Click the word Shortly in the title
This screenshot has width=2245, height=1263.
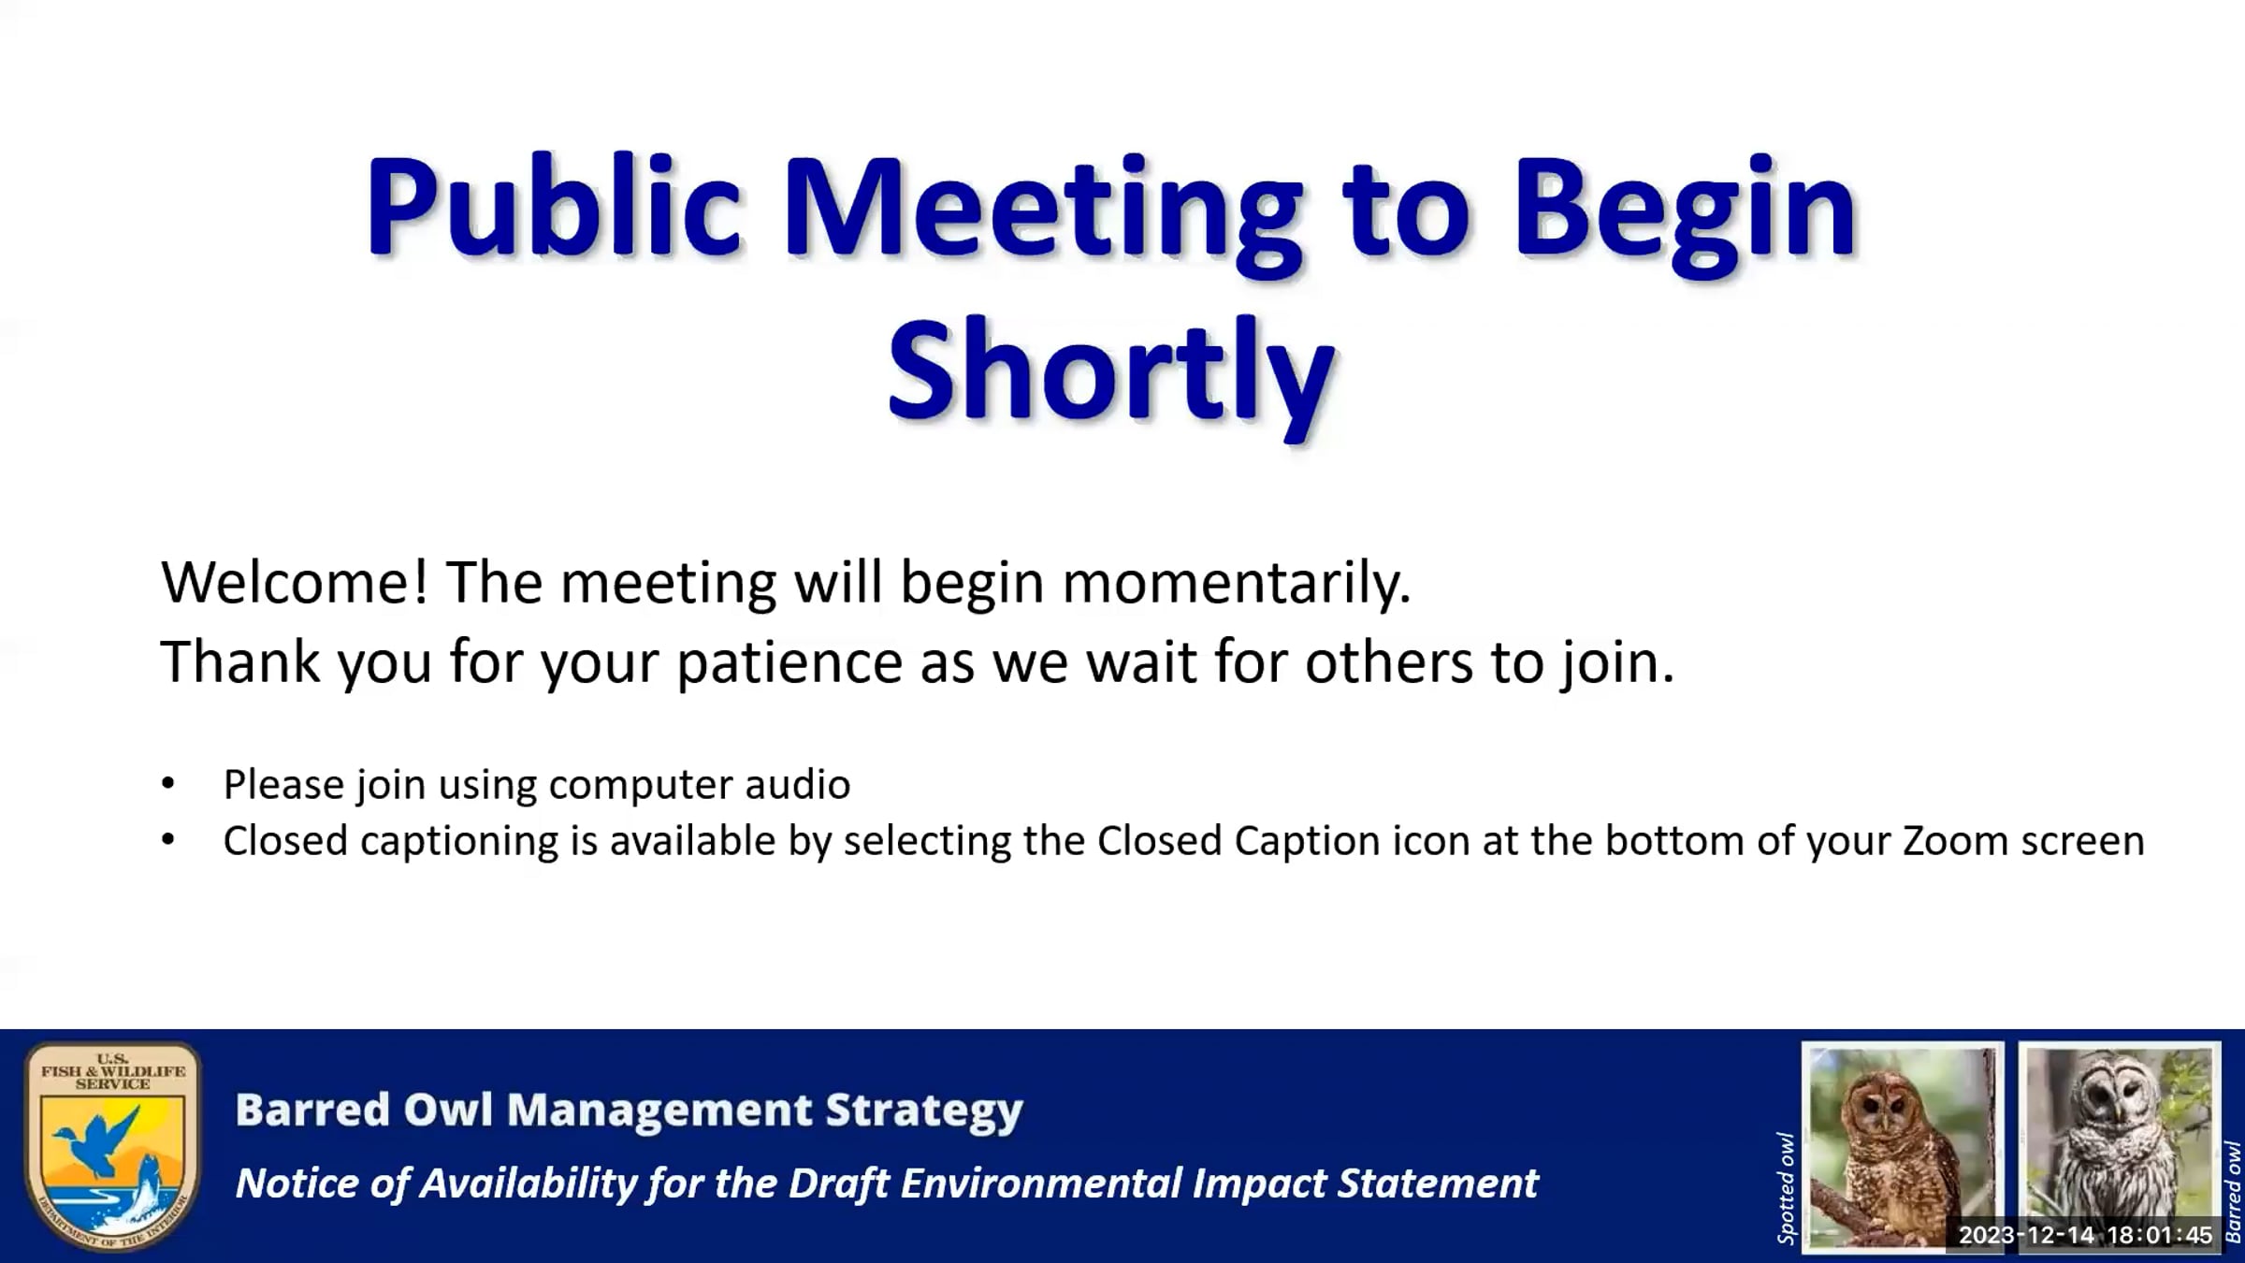click(1110, 373)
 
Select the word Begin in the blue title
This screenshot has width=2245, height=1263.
click(1685, 214)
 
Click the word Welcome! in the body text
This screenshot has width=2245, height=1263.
click(295, 582)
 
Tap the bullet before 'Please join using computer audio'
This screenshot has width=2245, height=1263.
click(168, 783)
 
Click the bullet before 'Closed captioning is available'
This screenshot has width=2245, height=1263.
click(168, 840)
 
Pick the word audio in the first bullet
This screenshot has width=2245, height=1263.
click(797, 784)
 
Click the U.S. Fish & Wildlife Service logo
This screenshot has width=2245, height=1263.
click(112, 1147)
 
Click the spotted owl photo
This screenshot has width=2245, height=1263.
click(1902, 1147)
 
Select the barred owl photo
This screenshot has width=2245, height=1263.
click(2120, 1147)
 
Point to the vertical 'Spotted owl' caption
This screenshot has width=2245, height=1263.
click(1786, 1188)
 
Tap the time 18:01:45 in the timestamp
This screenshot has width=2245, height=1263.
click(2160, 1235)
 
